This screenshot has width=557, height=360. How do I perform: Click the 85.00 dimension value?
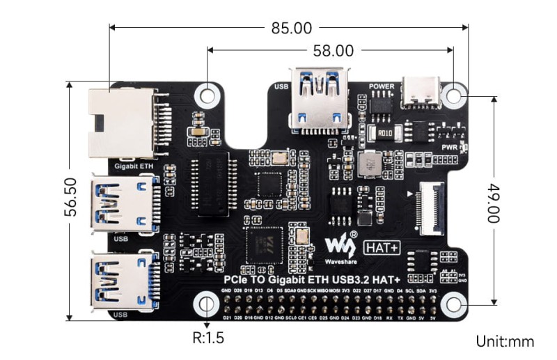291,28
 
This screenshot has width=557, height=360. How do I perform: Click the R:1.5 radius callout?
209,339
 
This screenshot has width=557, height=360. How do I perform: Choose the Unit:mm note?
505,341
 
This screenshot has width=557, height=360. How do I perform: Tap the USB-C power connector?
424,89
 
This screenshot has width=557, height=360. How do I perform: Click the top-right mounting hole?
454,93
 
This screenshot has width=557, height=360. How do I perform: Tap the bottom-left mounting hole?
207,303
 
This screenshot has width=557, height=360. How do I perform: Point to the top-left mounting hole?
207,93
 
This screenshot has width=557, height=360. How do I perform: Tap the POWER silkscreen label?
382,86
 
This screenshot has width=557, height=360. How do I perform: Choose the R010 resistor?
384,132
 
